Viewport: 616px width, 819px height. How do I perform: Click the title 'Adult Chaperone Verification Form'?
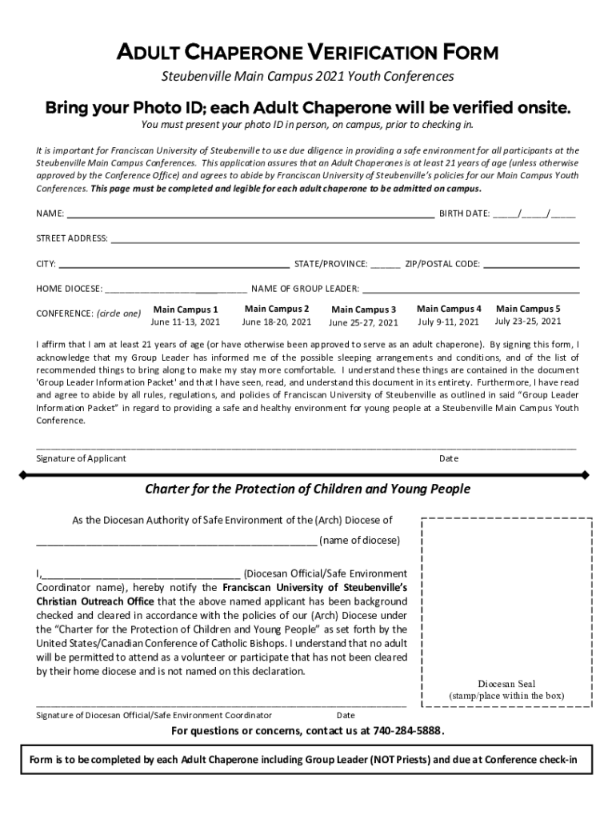tap(307, 53)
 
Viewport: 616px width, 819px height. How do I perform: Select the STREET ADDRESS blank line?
tap(344, 241)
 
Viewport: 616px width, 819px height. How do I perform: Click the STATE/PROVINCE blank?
tap(386, 266)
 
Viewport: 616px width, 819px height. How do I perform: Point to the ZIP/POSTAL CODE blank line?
tap(531, 266)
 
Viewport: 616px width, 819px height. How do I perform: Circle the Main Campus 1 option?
tap(186, 310)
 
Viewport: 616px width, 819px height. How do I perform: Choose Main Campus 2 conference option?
tap(277, 309)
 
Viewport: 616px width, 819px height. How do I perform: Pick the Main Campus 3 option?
tap(363, 310)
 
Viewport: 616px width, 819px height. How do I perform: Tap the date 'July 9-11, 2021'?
tap(448, 322)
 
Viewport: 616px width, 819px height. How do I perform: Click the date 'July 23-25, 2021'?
tap(528, 322)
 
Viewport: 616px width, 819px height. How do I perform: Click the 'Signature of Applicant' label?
tap(81, 458)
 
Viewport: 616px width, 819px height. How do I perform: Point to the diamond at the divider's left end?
tap(24, 475)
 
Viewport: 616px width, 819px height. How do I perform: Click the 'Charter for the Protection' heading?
tap(307, 489)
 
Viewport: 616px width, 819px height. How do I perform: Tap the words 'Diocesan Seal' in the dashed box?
tap(506, 684)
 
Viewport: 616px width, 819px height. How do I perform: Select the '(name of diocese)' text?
tap(359, 540)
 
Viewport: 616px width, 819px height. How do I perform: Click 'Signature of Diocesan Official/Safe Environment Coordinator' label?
tap(154, 715)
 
